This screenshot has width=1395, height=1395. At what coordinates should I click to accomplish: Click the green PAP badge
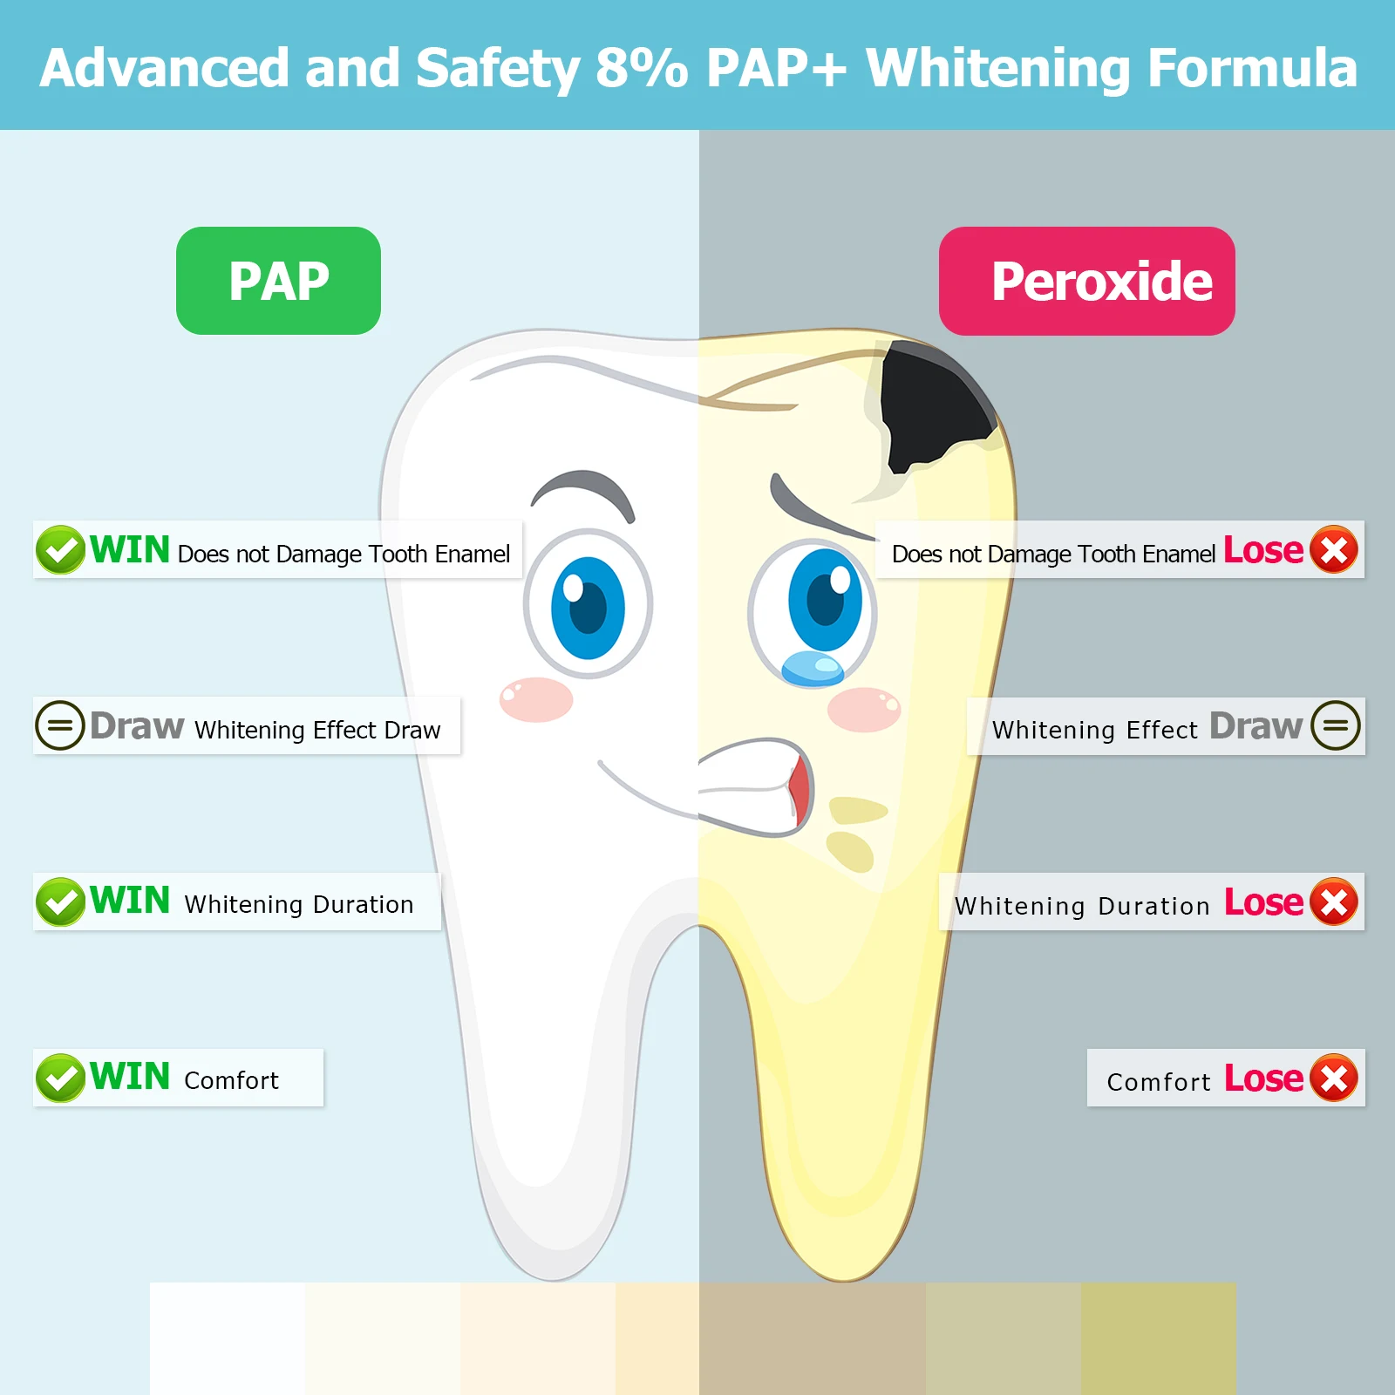(x=278, y=281)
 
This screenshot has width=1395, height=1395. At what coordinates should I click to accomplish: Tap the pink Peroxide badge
(x=1086, y=281)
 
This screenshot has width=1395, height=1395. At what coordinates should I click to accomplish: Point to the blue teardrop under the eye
(x=813, y=669)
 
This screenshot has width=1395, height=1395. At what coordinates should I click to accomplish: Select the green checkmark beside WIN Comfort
(x=60, y=1078)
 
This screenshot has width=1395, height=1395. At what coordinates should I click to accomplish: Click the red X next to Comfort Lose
(x=1334, y=1078)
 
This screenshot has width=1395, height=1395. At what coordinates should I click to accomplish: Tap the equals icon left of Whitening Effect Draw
(x=59, y=725)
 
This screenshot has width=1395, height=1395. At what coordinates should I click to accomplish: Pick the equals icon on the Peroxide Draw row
(x=1336, y=725)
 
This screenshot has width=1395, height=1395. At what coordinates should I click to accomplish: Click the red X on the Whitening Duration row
(x=1334, y=902)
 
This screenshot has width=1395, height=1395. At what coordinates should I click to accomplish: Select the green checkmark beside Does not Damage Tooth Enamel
(x=60, y=549)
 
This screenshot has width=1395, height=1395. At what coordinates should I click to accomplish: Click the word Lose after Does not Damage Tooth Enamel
(x=1263, y=550)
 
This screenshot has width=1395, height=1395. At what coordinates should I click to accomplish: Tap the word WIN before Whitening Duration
(x=130, y=901)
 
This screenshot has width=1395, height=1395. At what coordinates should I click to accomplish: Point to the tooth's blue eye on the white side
(x=589, y=603)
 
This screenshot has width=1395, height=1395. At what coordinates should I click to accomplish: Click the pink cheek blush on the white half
(x=536, y=699)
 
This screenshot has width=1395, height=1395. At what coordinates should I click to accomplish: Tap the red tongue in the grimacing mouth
(x=799, y=789)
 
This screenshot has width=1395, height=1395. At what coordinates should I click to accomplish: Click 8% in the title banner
(x=642, y=68)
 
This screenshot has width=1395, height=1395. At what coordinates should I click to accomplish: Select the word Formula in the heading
(x=1253, y=68)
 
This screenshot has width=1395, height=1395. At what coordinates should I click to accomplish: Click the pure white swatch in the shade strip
(x=228, y=1338)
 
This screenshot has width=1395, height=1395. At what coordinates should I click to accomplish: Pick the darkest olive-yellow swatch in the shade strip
(x=1159, y=1338)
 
